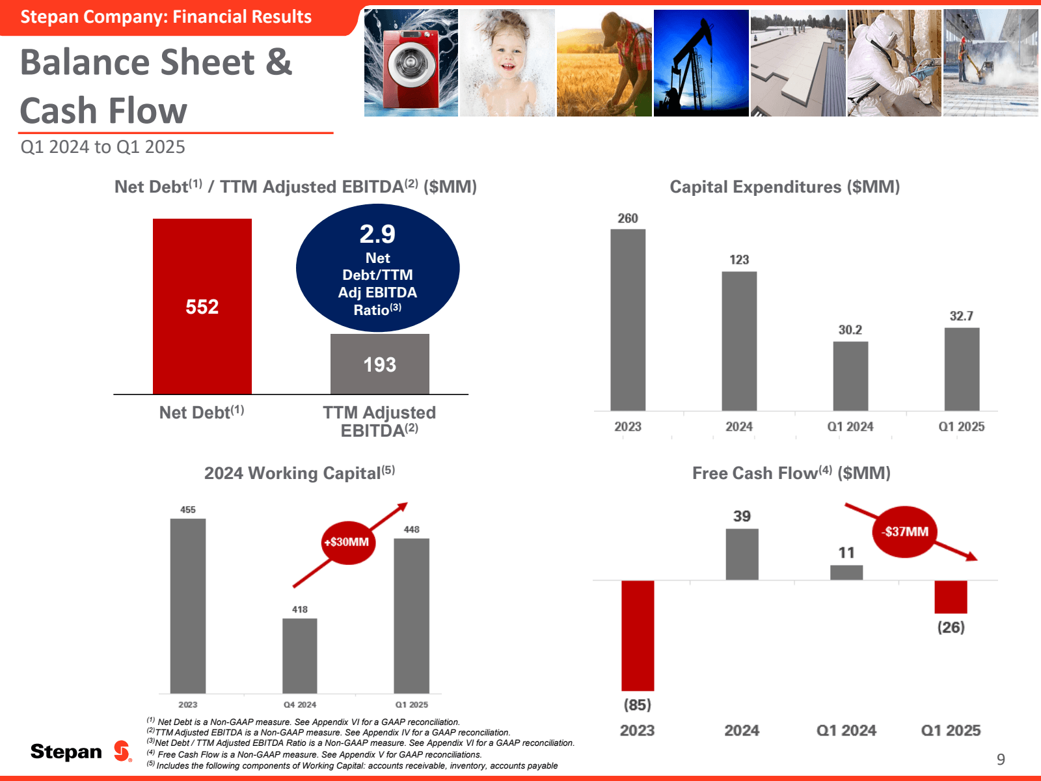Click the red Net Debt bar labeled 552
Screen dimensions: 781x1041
click(202, 306)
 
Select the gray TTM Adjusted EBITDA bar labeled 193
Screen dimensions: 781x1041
click(380, 364)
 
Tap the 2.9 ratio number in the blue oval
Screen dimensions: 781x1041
click(377, 234)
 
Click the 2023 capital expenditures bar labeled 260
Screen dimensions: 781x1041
click(628, 320)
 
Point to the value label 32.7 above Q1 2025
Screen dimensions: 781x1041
click(961, 316)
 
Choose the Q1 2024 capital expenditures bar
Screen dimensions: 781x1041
click(850, 376)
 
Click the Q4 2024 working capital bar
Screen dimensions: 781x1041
click(300, 655)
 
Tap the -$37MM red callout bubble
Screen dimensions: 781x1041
click(905, 532)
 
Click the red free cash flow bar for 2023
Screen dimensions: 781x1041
click(638, 635)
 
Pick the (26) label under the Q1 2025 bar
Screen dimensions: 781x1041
click(951, 627)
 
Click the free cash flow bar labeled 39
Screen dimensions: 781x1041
click(742, 554)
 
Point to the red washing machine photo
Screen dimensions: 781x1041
click(411, 63)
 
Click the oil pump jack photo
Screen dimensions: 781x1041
click(701, 63)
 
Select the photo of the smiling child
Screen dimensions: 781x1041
click(507, 63)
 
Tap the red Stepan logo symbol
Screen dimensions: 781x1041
click(122, 751)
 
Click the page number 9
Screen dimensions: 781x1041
click(1001, 759)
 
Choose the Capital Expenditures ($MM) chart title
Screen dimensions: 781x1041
click(785, 187)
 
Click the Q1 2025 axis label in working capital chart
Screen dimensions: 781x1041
click(411, 705)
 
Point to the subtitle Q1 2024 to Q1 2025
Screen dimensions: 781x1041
click(103, 147)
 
